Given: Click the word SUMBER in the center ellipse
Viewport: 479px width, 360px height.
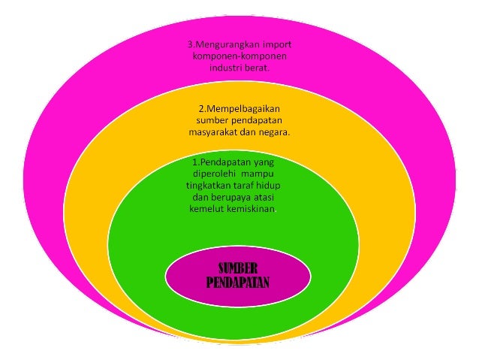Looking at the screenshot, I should (237, 269).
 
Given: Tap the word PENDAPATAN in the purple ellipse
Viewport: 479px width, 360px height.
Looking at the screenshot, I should (237, 283).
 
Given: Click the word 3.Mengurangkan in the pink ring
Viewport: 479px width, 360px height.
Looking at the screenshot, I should (222, 43).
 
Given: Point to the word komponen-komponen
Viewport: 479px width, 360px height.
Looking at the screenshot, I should (239, 55).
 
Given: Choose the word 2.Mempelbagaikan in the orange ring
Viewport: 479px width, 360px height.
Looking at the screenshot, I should (239, 107).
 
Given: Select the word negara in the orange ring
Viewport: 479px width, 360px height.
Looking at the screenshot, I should (274, 132).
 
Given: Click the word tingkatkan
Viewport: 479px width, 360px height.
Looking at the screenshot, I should (209, 185).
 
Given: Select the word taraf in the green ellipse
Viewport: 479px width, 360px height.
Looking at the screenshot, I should (249, 185).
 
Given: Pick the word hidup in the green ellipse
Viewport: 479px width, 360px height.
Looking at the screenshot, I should (278, 185).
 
